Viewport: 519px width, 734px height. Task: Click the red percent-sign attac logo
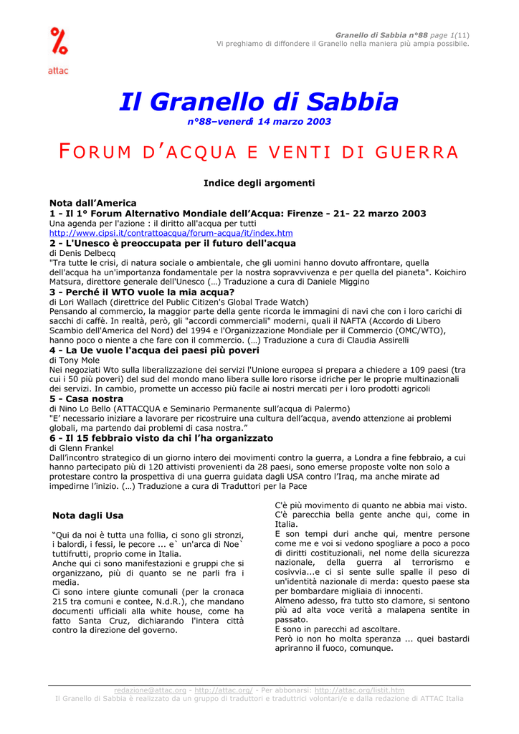pos(59,44)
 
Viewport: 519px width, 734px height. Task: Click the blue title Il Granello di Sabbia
pos(259,101)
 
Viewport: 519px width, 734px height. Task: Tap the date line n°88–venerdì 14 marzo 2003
pos(259,122)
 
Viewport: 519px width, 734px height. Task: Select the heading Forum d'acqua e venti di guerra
pos(259,152)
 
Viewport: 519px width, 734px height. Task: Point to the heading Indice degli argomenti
pos(259,183)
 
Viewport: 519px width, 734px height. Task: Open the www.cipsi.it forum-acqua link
pos(171,234)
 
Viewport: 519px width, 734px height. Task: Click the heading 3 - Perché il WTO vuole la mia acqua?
pos(142,292)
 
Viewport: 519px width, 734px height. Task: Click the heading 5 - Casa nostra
pos(86,399)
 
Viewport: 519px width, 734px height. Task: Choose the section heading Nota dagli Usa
pos(88,515)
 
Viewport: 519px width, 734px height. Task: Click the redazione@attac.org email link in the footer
pos(150,690)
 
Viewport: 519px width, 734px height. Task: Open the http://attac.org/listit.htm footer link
pos(359,690)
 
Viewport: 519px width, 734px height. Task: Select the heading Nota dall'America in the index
pos(92,203)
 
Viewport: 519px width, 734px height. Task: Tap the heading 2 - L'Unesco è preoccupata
pos(172,244)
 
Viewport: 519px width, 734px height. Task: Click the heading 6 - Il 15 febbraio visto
pos(161,438)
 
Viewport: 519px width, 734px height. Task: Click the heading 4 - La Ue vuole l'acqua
pos(154,351)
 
